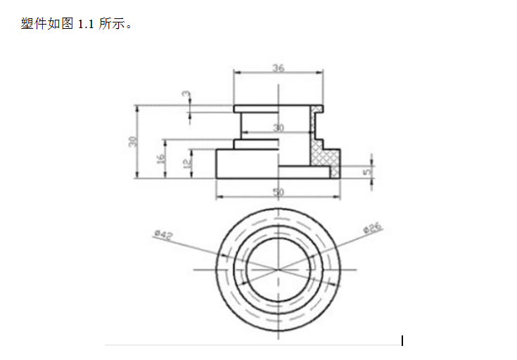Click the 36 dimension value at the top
pyautogui.click(x=279, y=68)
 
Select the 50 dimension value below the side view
pyautogui.click(x=279, y=191)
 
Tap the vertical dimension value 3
pyautogui.click(x=185, y=94)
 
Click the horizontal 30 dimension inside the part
pyautogui.click(x=279, y=128)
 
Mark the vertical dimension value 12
pyautogui.click(x=186, y=163)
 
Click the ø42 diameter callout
pyautogui.click(x=163, y=234)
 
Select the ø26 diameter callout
pyautogui.click(x=372, y=228)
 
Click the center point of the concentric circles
pyautogui.click(x=279, y=269)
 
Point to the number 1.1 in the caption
pyautogui.click(x=87, y=24)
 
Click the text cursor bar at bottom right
pyautogui.click(x=402, y=341)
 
